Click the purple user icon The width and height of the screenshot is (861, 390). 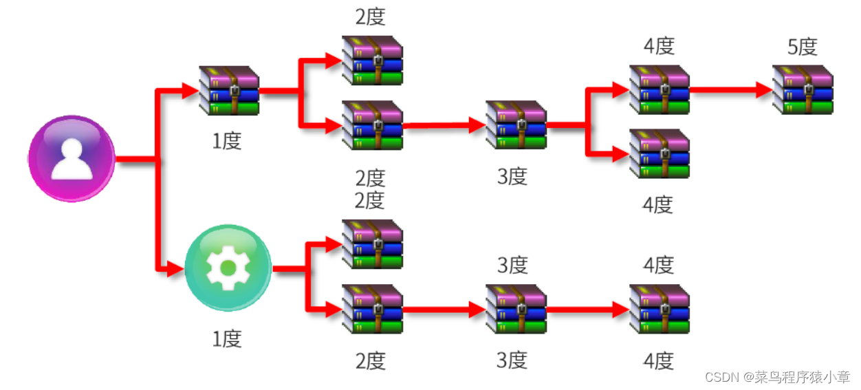(x=72, y=159)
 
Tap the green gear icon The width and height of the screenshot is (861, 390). (x=228, y=268)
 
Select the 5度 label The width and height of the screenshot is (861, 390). (x=802, y=47)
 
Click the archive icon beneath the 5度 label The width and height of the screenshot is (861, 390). (x=803, y=89)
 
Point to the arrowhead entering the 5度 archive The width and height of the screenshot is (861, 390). (x=763, y=89)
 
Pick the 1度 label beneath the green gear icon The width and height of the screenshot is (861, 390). (x=227, y=338)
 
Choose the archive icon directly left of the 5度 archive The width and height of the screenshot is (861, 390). (x=659, y=89)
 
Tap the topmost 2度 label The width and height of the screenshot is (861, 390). (x=370, y=17)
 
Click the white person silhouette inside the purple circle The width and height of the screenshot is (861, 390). (x=72, y=159)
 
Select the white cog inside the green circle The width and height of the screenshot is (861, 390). (x=228, y=268)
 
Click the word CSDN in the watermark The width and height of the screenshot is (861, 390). (x=721, y=377)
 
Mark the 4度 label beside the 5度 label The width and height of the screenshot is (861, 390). (x=659, y=47)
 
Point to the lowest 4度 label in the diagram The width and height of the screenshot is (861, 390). (x=659, y=360)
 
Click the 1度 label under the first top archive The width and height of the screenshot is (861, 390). (x=227, y=140)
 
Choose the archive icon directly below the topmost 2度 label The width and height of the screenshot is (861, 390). (x=372, y=61)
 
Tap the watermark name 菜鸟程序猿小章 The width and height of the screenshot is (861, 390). (x=800, y=377)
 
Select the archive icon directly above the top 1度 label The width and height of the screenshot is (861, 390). (x=228, y=90)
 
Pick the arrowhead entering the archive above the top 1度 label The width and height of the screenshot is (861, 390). (x=190, y=90)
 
